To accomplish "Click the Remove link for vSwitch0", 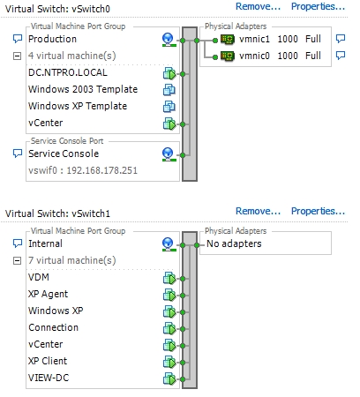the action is [258, 6].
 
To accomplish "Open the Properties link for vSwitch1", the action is [318, 211].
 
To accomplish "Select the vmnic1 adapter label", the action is [254, 39].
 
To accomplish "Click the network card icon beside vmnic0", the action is [228, 56].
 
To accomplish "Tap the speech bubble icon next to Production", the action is [18, 39].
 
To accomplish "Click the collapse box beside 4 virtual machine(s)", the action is [18, 56].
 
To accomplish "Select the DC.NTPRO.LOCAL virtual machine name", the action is [68, 72].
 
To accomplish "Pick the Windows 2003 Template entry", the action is [83, 89].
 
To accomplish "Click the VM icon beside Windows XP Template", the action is [169, 107].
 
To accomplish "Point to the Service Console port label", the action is [64, 154].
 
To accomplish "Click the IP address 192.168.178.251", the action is [102, 170].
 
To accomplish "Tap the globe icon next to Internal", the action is [169, 244].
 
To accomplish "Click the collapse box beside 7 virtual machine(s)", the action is [18, 260].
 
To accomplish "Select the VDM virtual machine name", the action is [39, 277].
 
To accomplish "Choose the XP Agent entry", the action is [48, 294].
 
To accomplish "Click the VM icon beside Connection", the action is [169, 328].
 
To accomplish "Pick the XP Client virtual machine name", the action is [48, 361].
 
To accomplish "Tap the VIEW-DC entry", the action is [49, 378].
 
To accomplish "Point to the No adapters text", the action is [234, 243].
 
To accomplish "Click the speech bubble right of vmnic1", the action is [341, 39].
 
